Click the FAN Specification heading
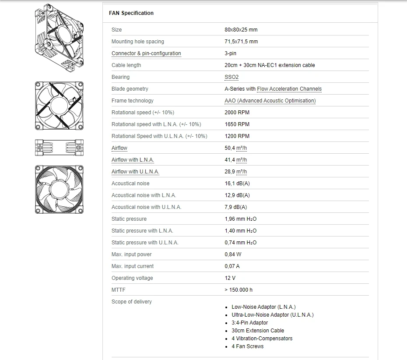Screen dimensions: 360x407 tap(131, 13)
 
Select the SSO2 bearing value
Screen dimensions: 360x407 tap(232, 77)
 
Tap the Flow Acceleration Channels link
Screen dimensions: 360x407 tap(289, 89)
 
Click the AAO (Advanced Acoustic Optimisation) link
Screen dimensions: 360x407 tap(270, 101)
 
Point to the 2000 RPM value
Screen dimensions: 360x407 tap(237, 113)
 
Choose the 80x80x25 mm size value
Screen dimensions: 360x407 tap(241, 30)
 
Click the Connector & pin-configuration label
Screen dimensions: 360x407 tap(146, 53)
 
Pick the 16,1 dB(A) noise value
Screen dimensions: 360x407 tap(237, 184)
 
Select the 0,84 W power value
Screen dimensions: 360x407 tap(233, 254)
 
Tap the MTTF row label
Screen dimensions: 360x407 tap(118, 290)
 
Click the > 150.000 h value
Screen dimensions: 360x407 tap(239, 290)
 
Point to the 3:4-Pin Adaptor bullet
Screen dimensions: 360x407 tap(249, 323)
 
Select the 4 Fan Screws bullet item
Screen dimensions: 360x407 tap(247, 346)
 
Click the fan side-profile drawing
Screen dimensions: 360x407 tap(59, 148)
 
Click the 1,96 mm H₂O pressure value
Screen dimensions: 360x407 tap(241, 219)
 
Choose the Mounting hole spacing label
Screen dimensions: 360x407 tap(138, 42)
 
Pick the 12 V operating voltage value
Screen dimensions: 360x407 tap(230, 278)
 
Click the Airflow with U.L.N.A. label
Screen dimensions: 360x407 tap(135, 172)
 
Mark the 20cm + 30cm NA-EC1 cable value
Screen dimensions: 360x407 tap(270, 65)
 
